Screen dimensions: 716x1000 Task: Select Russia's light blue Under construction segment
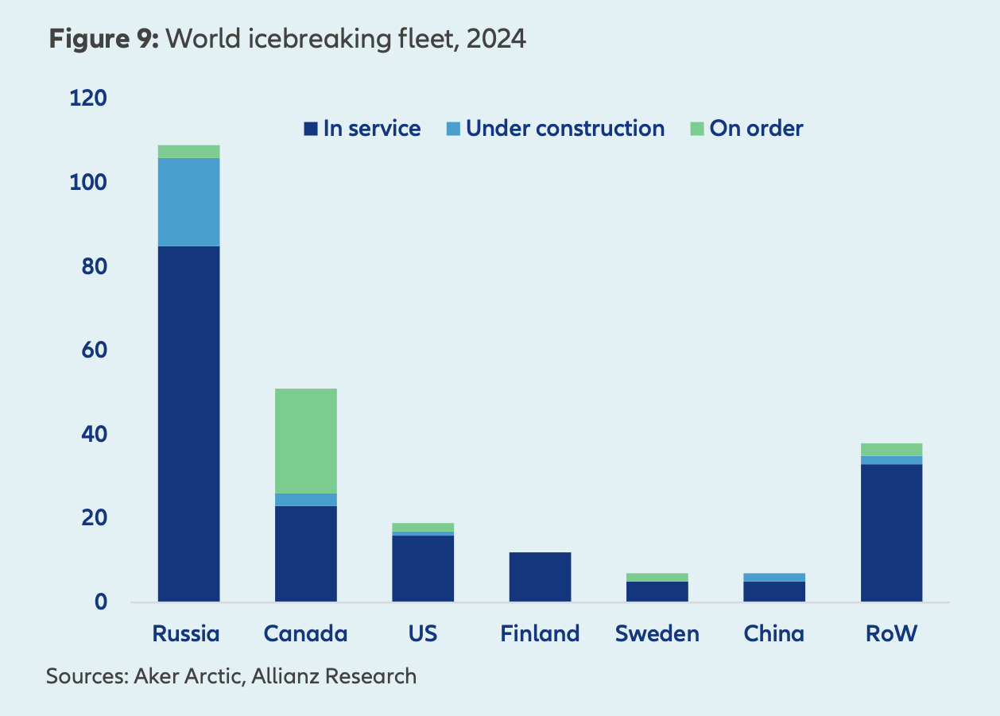(x=189, y=202)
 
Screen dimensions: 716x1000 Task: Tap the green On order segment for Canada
(x=306, y=441)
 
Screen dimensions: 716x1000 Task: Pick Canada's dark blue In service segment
(x=306, y=553)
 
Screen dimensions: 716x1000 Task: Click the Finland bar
(x=540, y=576)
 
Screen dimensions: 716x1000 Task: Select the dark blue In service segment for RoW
(x=891, y=532)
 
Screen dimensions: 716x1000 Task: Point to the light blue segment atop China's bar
(x=774, y=577)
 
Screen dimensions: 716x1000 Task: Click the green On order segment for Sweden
(x=657, y=577)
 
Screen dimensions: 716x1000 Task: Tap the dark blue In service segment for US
(x=423, y=568)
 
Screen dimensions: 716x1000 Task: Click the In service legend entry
(x=362, y=128)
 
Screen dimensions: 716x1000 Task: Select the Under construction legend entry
(x=556, y=128)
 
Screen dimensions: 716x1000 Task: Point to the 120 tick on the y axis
(x=88, y=99)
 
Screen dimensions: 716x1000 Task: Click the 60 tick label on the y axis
(x=93, y=350)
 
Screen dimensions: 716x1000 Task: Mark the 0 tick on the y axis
(x=100, y=602)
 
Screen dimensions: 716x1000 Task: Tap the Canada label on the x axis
(x=306, y=633)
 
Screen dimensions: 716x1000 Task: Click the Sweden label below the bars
(x=657, y=633)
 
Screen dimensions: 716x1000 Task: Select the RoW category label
(x=891, y=633)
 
